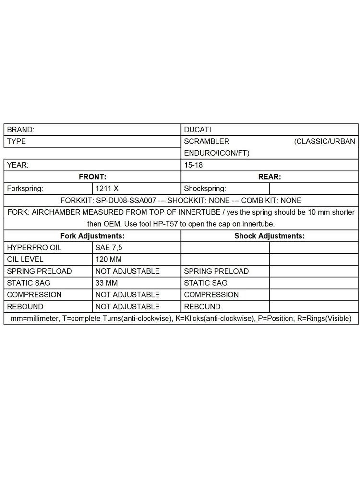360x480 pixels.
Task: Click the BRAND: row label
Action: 21,130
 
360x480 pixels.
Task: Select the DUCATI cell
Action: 198,130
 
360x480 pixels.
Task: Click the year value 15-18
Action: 193,165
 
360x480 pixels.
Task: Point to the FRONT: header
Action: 92,177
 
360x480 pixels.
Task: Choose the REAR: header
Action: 269,177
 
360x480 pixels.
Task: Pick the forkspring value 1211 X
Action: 107,189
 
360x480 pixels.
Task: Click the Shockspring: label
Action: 205,189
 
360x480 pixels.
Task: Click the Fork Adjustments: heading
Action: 92,236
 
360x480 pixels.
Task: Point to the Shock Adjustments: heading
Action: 269,236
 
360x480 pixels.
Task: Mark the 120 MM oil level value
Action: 109,259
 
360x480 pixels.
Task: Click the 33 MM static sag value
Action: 106,283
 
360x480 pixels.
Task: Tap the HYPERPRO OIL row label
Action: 35,248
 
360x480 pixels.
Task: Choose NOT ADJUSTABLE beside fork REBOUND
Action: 128,306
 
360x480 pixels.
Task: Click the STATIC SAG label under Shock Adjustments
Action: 205,283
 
